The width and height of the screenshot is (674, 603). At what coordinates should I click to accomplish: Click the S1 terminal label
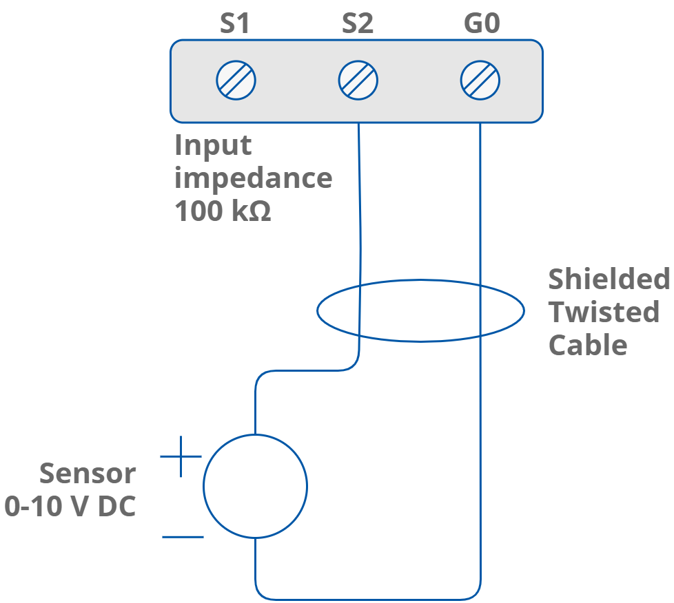click(x=234, y=24)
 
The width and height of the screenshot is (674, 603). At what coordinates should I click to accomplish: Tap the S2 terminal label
click(x=358, y=24)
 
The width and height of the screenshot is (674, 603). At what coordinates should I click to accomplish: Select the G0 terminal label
click(x=481, y=24)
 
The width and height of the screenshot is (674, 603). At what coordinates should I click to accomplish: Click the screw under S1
click(x=236, y=80)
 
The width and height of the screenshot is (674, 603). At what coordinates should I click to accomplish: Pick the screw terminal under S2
click(x=358, y=80)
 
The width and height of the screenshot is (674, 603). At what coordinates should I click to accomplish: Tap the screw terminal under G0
click(x=480, y=80)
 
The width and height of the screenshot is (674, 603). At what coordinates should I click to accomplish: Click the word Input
click(x=213, y=145)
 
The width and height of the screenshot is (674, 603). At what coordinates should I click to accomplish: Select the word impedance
click(x=253, y=178)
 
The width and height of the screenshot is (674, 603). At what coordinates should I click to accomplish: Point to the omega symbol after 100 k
click(x=259, y=213)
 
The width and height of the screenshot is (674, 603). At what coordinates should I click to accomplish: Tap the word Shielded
click(x=609, y=279)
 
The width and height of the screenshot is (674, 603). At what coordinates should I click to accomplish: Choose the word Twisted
click(x=604, y=312)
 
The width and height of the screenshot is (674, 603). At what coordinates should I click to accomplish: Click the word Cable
click(x=587, y=344)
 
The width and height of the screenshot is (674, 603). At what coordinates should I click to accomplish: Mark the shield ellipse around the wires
click(x=420, y=281)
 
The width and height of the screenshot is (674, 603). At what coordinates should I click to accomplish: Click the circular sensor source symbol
click(x=255, y=486)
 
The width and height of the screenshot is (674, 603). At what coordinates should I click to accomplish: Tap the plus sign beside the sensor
click(x=181, y=456)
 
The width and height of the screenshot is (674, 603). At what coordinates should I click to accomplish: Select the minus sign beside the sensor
click(x=183, y=536)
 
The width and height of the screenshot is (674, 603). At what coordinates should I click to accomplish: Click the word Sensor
click(x=88, y=474)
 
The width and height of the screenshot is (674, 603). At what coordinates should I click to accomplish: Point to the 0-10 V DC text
click(x=70, y=506)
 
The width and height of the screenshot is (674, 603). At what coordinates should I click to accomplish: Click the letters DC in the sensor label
click(x=116, y=506)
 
